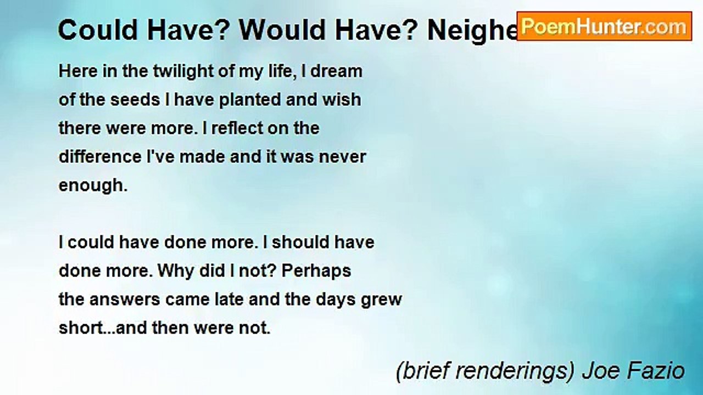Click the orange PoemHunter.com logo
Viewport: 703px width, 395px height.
coord(604,26)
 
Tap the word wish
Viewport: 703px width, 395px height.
coord(343,100)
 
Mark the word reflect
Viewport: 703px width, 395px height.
coord(238,128)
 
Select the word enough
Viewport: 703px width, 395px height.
coord(92,186)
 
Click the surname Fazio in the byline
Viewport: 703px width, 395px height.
coord(661,371)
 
